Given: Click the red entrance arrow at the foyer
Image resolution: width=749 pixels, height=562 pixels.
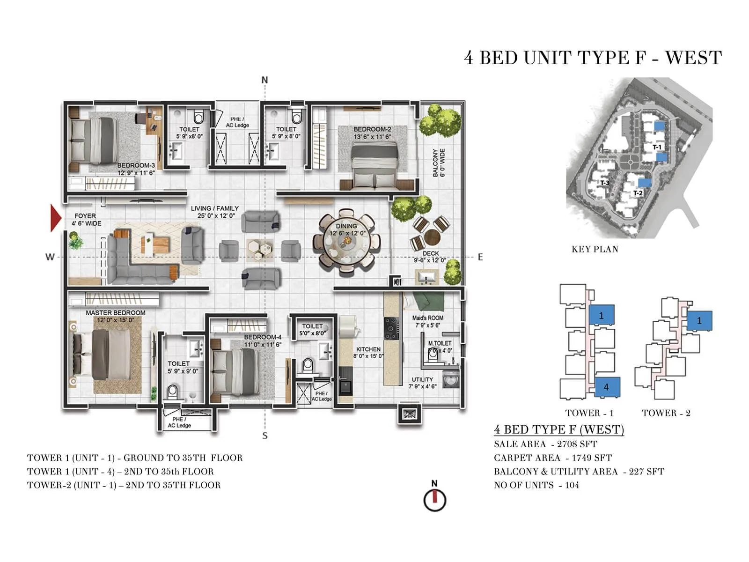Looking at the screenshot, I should (x=56, y=218).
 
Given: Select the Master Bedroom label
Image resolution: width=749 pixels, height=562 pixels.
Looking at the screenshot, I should (x=115, y=313).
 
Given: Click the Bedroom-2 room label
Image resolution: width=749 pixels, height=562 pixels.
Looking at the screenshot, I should (x=372, y=129).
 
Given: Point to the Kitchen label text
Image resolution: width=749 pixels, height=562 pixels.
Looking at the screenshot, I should (x=368, y=349).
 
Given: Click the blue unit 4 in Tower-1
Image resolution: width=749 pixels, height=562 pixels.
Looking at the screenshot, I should (x=607, y=387).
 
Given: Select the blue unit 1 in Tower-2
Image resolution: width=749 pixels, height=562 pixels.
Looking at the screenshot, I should (x=699, y=321).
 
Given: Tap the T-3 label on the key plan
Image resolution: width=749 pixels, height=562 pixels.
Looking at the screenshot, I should (x=605, y=183).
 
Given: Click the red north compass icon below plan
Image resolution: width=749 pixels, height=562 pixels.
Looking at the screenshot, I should (x=435, y=500).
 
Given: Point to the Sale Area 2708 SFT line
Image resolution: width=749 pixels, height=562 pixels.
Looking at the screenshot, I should (x=545, y=444).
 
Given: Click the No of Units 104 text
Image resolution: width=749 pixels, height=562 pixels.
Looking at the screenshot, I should (x=536, y=485).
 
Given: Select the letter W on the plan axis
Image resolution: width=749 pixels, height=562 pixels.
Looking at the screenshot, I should (x=50, y=257).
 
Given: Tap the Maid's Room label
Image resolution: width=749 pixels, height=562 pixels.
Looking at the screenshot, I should (x=427, y=318).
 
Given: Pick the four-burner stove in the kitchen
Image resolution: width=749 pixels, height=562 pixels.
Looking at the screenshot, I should (x=391, y=328).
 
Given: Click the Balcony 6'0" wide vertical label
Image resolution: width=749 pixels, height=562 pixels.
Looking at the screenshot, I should (x=439, y=163).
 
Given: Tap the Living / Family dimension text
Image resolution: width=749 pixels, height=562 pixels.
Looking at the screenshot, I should (x=216, y=216).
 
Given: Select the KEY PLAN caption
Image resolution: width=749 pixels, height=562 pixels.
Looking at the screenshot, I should (x=595, y=249).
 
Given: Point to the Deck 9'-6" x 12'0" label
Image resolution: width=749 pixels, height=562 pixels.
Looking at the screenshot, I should (x=430, y=257).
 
